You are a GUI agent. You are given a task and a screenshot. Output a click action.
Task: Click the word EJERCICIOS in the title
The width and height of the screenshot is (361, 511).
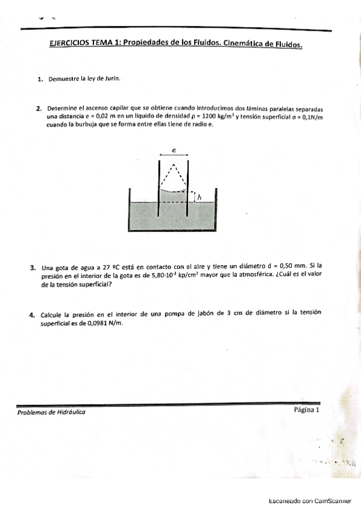pos(68,42)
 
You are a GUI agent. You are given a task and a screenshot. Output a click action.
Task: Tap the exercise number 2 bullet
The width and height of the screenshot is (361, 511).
pos(38,109)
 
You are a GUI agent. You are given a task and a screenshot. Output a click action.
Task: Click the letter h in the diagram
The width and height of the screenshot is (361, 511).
pos(199,196)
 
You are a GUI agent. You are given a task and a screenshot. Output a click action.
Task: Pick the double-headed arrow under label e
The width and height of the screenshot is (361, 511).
pos(174,154)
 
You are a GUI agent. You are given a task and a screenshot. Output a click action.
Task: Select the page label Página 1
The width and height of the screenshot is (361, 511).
pos(306,409)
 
